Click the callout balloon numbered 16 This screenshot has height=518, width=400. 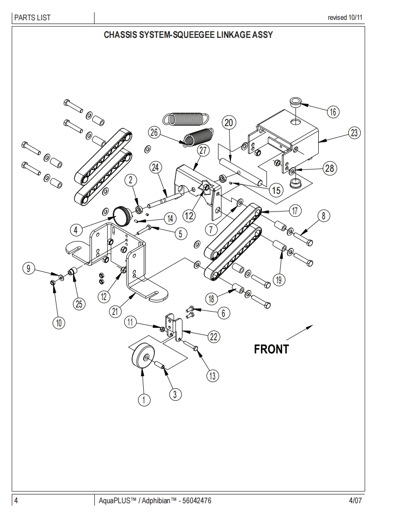pyautogui.click(x=333, y=111)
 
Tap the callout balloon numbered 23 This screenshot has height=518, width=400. pyautogui.click(x=354, y=133)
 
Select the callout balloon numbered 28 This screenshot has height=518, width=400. pyautogui.click(x=329, y=168)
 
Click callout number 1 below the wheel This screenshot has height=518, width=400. pyautogui.click(x=144, y=400)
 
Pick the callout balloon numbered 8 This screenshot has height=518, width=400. pyautogui.click(x=323, y=216)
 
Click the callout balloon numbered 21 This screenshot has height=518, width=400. pyautogui.click(x=115, y=311)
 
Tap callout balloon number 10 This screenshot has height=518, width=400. pyautogui.click(x=58, y=323)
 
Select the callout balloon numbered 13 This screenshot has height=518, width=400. pyautogui.click(x=212, y=375)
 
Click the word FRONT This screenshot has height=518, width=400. pyautogui.click(x=271, y=349)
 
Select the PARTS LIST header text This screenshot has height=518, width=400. pyautogui.click(x=32, y=18)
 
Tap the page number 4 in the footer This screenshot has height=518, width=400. pyautogui.click(x=16, y=500)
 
